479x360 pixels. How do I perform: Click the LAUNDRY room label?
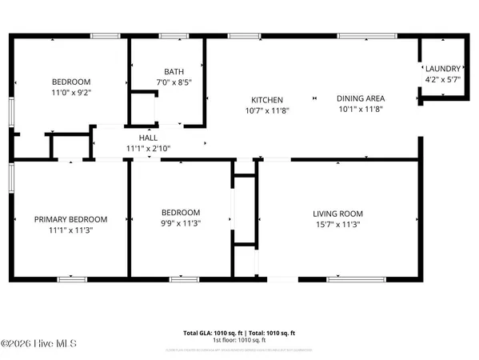click(x=442, y=69)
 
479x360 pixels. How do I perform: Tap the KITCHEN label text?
click(x=268, y=100)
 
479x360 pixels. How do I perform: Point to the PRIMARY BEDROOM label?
click(x=70, y=219)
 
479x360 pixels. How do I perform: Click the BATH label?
click(x=174, y=70)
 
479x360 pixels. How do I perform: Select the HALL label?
click(x=148, y=138)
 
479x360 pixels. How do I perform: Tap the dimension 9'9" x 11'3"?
click(x=180, y=224)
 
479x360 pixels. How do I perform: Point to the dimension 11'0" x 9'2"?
click(x=71, y=93)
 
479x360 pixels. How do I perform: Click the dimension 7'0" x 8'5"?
click(x=174, y=82)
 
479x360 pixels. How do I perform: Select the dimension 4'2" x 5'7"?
click(x=442, y=80)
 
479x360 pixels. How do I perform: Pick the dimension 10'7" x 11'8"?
click(x=268, y=110)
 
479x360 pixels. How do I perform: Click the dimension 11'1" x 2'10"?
click(x=148, y=148)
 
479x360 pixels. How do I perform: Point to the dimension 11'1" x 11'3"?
click(x=70, y=230)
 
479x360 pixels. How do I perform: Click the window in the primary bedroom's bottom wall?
click(x=72, y=278)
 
